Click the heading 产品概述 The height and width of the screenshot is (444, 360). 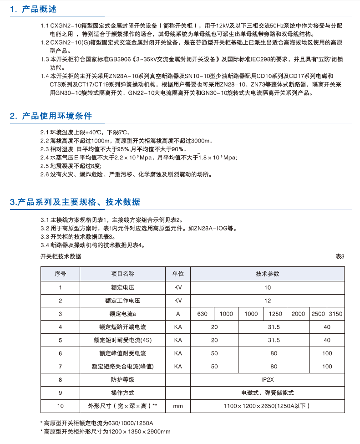tap(40, 9)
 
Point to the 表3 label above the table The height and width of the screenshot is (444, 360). tap(340, 256)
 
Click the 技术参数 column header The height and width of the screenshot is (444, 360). tap(267, 274)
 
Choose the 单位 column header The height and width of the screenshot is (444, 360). tap(177, 274)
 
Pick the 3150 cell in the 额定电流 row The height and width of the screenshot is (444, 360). tap(335, 314)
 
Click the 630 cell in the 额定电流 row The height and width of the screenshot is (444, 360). tap(203, 314)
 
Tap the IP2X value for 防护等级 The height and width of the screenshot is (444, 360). tap(267, 379)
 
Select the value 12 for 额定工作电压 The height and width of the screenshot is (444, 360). tap(267, 301)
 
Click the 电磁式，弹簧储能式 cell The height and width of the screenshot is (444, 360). tap(267, 393)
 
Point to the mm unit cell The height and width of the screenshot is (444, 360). tap(177, 406)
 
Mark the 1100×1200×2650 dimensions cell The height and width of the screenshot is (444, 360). tap(267, 406)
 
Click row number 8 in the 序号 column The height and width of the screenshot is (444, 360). tap(60, 379)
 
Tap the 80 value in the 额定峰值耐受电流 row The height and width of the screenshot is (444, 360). tap(274, 353)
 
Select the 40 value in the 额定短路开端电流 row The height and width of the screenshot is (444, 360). tap(327, 327)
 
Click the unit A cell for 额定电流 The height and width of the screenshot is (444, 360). tap(177, 314)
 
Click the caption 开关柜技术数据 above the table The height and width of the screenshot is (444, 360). tap(61, 256)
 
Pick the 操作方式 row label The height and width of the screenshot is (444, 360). tap(122, 393)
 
